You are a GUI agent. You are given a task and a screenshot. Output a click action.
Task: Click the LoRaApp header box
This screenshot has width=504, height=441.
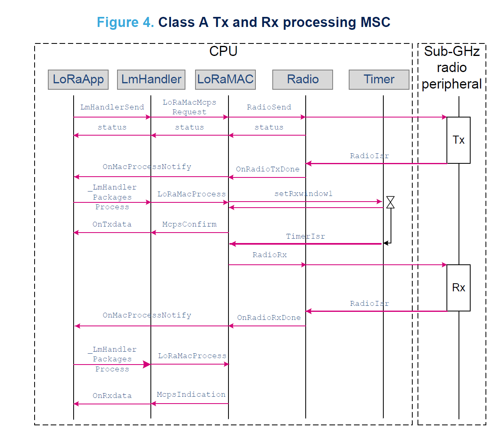coord(78,79)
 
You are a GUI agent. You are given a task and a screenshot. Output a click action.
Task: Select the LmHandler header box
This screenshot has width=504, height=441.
coord(151,79)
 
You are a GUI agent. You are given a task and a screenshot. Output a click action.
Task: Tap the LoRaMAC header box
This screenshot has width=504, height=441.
coord(225,79)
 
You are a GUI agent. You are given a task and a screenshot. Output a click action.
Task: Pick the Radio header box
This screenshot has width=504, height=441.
coord(302,79)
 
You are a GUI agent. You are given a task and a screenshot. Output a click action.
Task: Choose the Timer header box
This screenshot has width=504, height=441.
coord(379,79)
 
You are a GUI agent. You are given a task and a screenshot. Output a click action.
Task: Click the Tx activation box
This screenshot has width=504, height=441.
coord(458,140)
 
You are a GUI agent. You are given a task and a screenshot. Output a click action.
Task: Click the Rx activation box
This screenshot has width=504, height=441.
coord(458,288)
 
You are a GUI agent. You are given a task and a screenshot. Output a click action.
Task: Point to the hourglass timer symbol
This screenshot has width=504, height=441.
coord(390,202)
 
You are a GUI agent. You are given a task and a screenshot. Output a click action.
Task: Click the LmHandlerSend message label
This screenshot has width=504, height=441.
coord(112,107)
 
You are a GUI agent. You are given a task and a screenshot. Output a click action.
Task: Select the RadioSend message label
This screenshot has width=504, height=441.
coord(269,107)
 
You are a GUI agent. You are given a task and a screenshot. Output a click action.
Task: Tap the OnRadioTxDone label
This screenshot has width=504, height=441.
coord(267,169)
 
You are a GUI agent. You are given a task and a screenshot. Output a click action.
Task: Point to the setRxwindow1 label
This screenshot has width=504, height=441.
coord(303,194)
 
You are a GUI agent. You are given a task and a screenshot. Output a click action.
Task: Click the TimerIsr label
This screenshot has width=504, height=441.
coord(305,236)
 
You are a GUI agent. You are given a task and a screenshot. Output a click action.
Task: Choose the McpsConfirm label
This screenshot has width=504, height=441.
coord(189,224)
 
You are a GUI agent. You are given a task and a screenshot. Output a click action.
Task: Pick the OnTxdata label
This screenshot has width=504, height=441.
coord(112,224)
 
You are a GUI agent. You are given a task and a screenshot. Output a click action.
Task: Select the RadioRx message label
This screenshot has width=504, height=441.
coord(269,255)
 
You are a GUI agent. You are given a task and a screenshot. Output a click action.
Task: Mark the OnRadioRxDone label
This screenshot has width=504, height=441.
coord(269,317)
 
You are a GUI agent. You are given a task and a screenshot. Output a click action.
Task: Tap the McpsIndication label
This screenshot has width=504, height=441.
coord(191,394)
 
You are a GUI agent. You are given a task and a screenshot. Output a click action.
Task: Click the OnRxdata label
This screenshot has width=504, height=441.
coord(112,396)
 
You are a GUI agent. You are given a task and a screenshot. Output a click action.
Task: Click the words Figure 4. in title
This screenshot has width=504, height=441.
coord(125,22)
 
